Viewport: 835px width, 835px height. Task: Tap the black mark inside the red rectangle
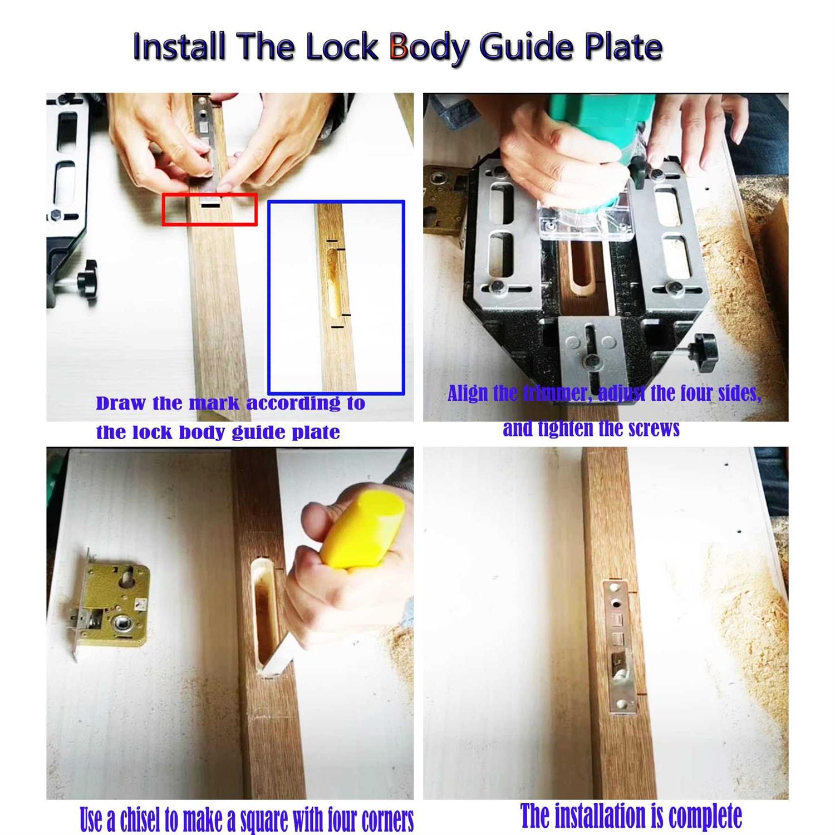click(210, 206)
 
